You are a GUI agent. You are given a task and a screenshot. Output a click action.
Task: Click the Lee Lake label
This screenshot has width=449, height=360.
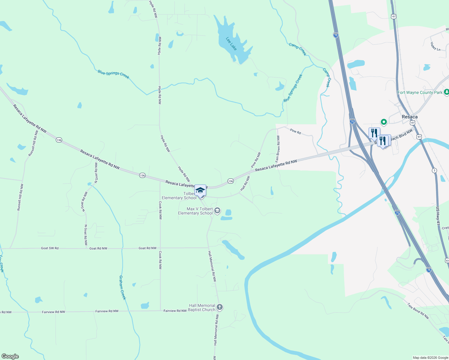[x=231, y=43]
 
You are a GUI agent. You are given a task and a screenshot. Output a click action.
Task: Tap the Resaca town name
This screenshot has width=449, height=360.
[x=409, y=117]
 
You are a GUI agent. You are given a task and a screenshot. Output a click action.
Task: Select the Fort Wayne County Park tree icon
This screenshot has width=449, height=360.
[x=446, y=92]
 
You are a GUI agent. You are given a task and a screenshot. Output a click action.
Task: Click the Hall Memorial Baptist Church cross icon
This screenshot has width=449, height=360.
[x=220, y=307]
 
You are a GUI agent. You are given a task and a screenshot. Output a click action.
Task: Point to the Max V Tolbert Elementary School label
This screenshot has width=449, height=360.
[x=195, y=211]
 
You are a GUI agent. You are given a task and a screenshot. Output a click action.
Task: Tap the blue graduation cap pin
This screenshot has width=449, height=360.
[x=200, y=190]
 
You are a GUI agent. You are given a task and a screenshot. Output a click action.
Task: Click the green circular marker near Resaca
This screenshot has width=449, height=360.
[x=384, y=122]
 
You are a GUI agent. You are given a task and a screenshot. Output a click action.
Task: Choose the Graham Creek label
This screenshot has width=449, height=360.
[x=122, y=287]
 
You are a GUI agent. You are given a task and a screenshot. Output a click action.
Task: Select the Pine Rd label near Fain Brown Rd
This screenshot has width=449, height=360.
[x=295, y=131]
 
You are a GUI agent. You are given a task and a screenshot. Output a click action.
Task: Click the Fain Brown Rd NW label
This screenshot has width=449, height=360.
[x=278, y=149]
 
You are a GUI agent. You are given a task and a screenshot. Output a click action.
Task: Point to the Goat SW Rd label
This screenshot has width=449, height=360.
[x=50, y=248]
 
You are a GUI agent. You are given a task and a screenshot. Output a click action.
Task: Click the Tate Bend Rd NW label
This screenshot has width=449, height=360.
[x=418, y=311]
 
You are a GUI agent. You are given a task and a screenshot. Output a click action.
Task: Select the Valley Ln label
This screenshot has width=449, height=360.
[x=435, y=46]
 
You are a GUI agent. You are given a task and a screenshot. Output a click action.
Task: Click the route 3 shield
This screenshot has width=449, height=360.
[x=434, y=170]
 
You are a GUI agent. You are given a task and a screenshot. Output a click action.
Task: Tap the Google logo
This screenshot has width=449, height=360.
[x=10, y=356]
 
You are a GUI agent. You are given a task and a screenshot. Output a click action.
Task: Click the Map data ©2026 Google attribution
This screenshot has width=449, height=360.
[x=430, y=358]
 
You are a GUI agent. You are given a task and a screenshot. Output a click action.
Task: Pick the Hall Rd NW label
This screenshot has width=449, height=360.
[x=245, y=183]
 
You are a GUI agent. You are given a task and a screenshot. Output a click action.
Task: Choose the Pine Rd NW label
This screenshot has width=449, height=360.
[x=256, y=160]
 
